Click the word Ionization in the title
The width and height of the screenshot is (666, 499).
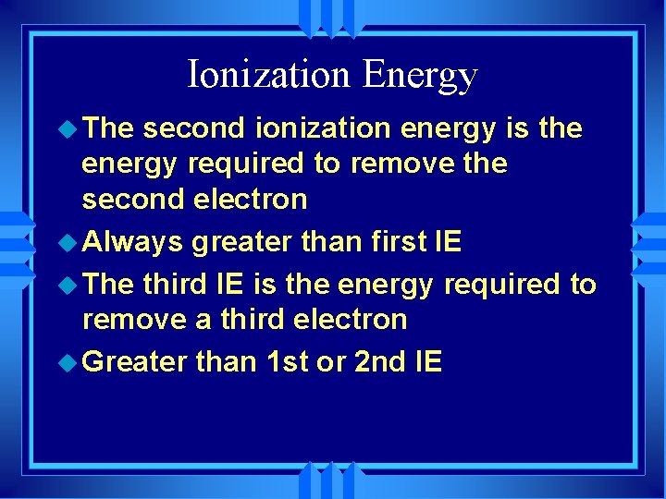pos(269,74)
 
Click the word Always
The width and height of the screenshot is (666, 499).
pos(133,243)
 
